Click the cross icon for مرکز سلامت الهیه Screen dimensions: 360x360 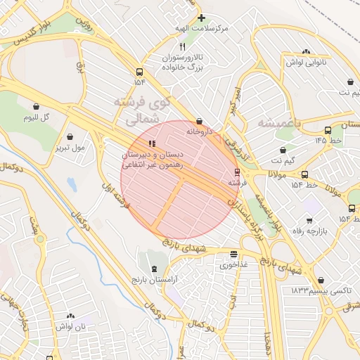(201, 18)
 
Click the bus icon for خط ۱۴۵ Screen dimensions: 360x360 (328, 130)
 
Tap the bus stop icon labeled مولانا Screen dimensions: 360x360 (304, 174)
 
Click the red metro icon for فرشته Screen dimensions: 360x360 (236, 172)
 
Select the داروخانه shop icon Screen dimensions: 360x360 (199, 121)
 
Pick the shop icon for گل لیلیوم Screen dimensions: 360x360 (36, 107)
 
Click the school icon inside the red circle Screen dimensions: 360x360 (153, 144)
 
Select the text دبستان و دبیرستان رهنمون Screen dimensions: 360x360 (153, 160)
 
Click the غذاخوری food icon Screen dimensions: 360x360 (233, 255)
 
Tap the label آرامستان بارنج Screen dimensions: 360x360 (155, 280)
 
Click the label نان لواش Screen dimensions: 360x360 (71, 327)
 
